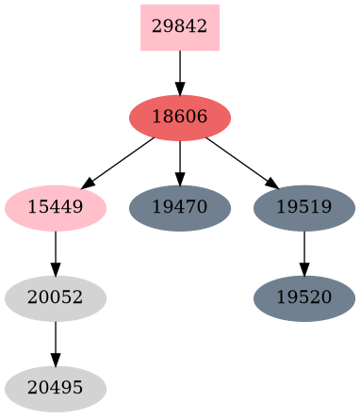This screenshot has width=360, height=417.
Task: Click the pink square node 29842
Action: pyautogui.click(x=179, y=27)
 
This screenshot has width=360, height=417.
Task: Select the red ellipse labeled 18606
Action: pyautogui.click(x=179, y=118)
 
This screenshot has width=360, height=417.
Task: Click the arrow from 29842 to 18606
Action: pyautogui.click(x=179, y=71)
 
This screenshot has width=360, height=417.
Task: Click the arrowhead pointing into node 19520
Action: pyautogui.click(x=303, y=269)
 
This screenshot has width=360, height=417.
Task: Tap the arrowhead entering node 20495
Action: pyautogui.click(x=55, y=360)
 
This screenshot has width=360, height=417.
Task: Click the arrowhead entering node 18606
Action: pyautogui.click(x=179, y=88)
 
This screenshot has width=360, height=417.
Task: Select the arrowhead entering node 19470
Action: pyautogui.click(x=179, y=179)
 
